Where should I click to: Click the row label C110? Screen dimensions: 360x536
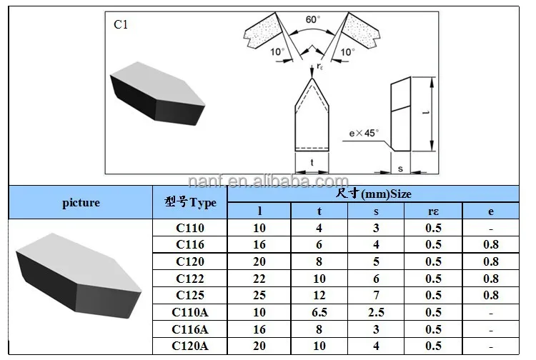[x=189, y=229]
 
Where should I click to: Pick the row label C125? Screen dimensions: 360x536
[x=189, y=295]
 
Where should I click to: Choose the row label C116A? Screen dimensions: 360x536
[x=189, y=329]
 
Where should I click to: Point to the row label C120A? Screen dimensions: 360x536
[x=189, y=345]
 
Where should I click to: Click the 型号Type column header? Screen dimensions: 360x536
[x=189, y=203]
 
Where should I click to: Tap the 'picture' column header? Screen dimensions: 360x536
[x=81, y=203]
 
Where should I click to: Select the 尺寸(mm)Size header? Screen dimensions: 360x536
[x=372, y=194]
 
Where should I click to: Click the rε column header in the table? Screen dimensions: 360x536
[x=433, y=211]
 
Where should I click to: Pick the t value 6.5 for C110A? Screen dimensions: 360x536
[x=319, y=311]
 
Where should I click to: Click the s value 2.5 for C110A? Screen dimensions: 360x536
[x=376, y=311]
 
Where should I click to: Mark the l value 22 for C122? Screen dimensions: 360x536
[x=259, y=279]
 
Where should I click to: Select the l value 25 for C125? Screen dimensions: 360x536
[x=259, y=295]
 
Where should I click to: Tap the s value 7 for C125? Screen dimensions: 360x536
[x=376, y=295]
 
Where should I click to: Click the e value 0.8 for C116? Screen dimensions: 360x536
[x=490, y=245]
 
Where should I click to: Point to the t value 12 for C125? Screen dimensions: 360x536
[x=319, y=295]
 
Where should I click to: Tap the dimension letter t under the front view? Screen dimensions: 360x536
[x=312, y=162]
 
